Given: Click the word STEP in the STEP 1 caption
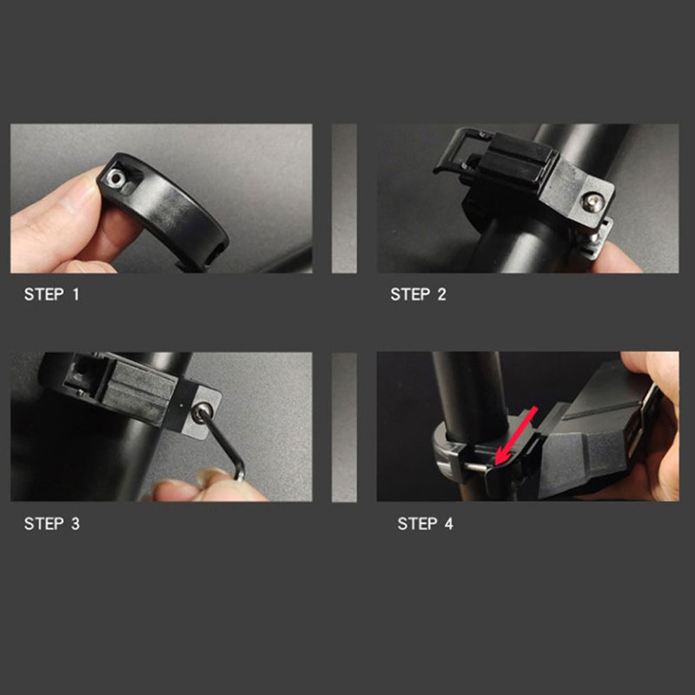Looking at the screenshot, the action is pyautogui.click(x=43, y=295).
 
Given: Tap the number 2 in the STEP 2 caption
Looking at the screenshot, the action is pyautogui.click(x=441, y=295).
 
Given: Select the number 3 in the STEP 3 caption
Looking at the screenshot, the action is pyautogui.click(x=76, y=524).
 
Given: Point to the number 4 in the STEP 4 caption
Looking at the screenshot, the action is pyautogui.click(x=448, y=524).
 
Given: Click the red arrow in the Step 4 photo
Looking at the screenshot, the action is pyautogui.click(x=516, y=436).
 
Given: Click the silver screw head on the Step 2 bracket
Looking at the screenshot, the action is pyautogui.click(x=592, y=202).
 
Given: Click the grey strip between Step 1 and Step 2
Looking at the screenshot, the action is pyautogui.click(x=344, y=198).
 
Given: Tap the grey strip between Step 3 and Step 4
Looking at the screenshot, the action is pyautogui.click(x=344, y=427).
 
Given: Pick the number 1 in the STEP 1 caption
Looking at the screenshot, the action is pyautogui.click(x=76, y=295).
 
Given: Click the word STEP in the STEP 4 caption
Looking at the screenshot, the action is pyautogui.click(x=417, y=524).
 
